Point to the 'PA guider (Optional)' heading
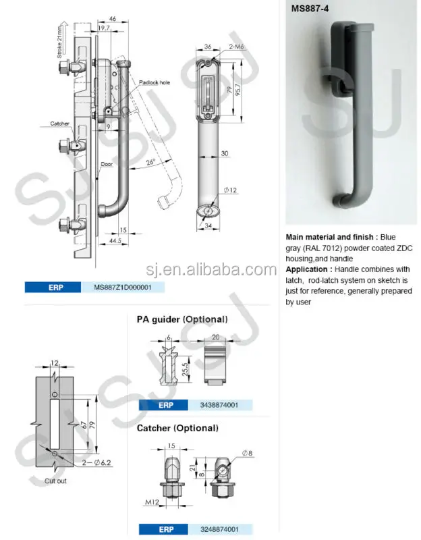click(181, 319)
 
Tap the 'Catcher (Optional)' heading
click(177, 428)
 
